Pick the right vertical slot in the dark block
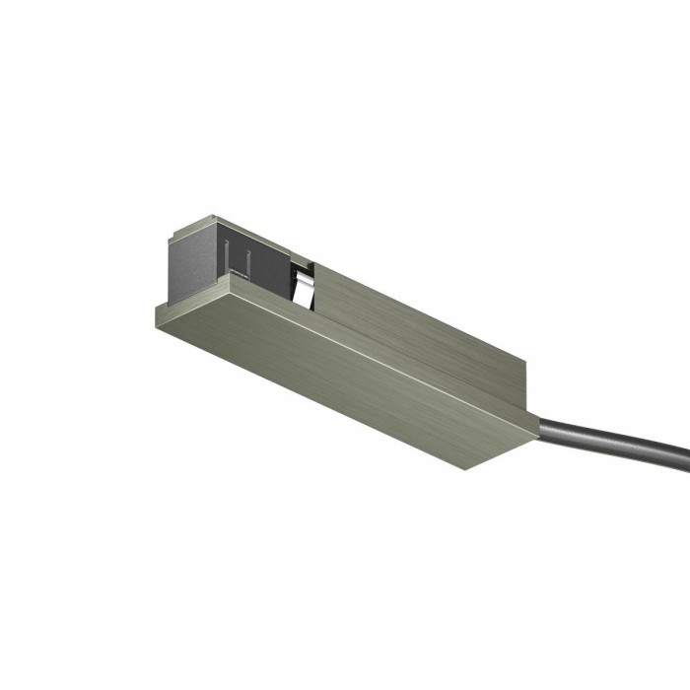tap(249, 260)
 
